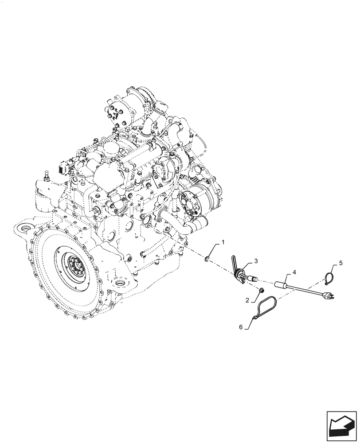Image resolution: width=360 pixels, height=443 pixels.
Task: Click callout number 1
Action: (223, 242)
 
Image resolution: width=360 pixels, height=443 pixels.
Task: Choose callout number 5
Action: (340, 263)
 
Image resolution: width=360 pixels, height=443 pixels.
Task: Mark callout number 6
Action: (241, 327)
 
